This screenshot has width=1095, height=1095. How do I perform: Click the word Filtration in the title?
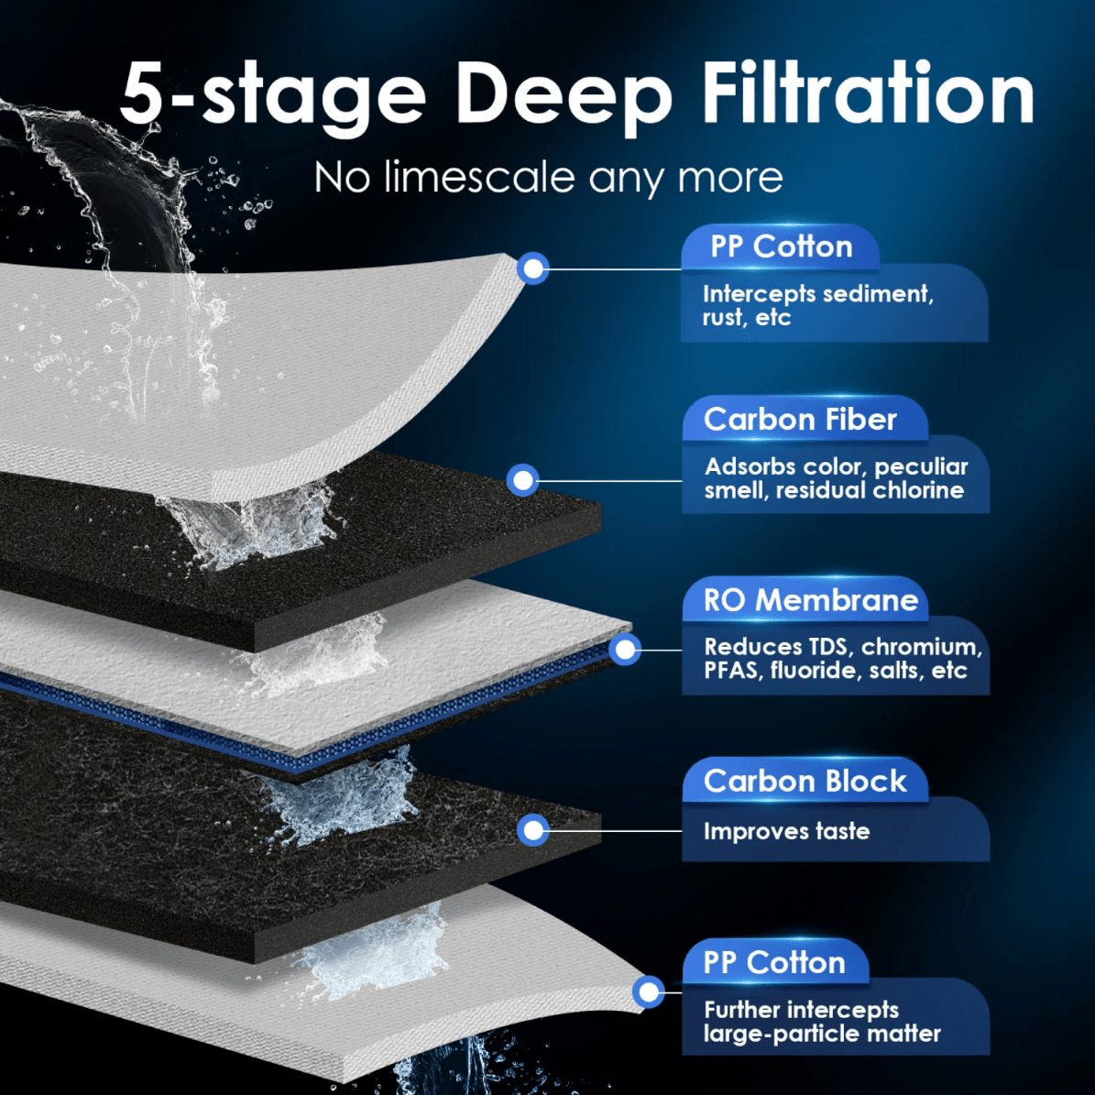[x=867, y=93]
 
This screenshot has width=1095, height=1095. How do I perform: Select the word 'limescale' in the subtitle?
[x=481, y=177]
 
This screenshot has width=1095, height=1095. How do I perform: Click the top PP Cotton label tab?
[x=781, y=246]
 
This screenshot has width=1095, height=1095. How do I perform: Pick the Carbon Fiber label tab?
[x=800, y=419]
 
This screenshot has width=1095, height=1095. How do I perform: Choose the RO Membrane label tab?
[x=810, y=599]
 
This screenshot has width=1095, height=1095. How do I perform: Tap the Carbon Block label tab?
[x=805, y=781]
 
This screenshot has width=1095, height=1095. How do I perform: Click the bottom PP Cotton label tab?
[x=773, y=962]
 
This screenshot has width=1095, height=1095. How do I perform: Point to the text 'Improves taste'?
[x=786, y=831]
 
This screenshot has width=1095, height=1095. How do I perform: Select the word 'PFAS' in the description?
[x=731, y=671]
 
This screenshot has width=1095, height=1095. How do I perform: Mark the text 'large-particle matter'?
[x=822, y=1034]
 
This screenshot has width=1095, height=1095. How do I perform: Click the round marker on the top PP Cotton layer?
[x=533, y=268]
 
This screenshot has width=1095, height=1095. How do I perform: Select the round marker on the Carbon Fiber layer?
[x=522, y=480]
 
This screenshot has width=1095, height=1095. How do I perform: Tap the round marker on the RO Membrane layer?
[x=625, y=650]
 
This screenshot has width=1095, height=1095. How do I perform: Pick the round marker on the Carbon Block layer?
[x=532, y=830]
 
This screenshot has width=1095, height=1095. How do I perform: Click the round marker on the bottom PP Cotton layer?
[x=649, y=991]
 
